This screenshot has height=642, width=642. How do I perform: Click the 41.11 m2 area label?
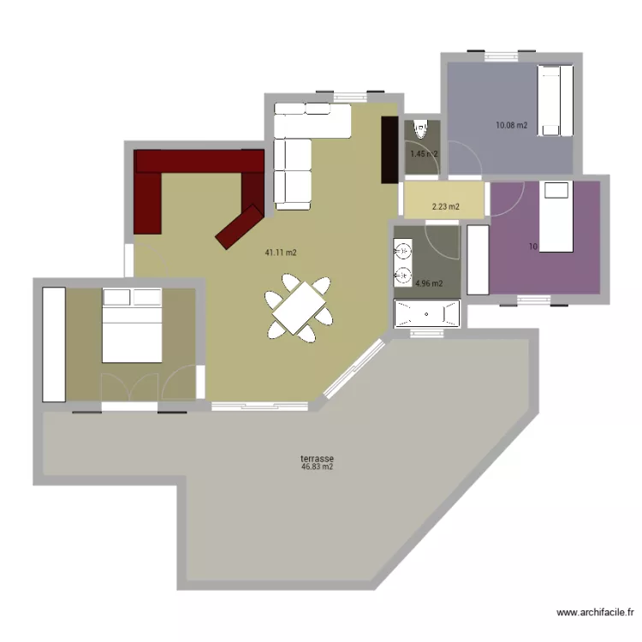pos(281,253)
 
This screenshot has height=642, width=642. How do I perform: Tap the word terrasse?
pos(317,458)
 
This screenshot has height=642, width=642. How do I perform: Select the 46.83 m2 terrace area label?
pos(317,467)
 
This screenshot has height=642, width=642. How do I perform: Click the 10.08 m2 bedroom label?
pos(511,126)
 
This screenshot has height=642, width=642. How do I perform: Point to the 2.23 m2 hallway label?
pos(445,206)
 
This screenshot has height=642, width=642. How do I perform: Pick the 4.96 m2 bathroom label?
pos(428,283)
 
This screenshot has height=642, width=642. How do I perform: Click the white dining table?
pos(297,309)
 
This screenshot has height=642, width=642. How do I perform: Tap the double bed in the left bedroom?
pos(132,325)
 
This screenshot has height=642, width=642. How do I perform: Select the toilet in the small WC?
pos(419,130)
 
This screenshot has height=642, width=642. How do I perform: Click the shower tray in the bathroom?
pos(426,313)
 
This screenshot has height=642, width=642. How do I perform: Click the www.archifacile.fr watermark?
pos(595,612)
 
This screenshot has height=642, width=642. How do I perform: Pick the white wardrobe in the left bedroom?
pos(54,343)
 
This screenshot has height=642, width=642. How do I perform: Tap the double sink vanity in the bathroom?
pos(402,262)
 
